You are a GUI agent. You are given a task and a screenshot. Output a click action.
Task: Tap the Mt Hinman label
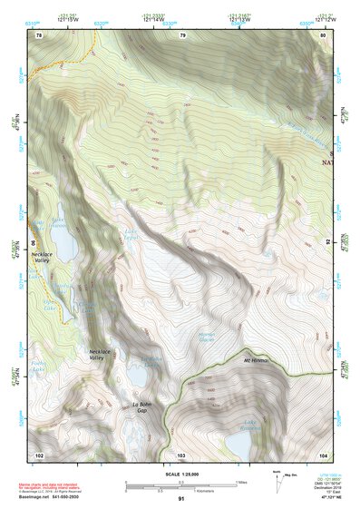point(258,361)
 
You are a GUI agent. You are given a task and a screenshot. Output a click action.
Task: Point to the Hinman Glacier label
point(206,339)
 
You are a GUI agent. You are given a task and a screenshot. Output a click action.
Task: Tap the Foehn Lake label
point(37,368)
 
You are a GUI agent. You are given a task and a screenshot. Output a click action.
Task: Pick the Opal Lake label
point(41,303)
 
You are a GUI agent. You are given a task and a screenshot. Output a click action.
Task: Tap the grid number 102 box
point(39,454)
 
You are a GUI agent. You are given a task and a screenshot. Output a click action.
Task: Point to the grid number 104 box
point(323,454)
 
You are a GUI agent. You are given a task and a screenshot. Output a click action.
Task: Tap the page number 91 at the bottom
point(181,499)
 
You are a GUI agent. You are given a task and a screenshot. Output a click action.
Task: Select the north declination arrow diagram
point(277,478)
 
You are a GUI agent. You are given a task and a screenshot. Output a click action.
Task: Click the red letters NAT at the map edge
point(327,163)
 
